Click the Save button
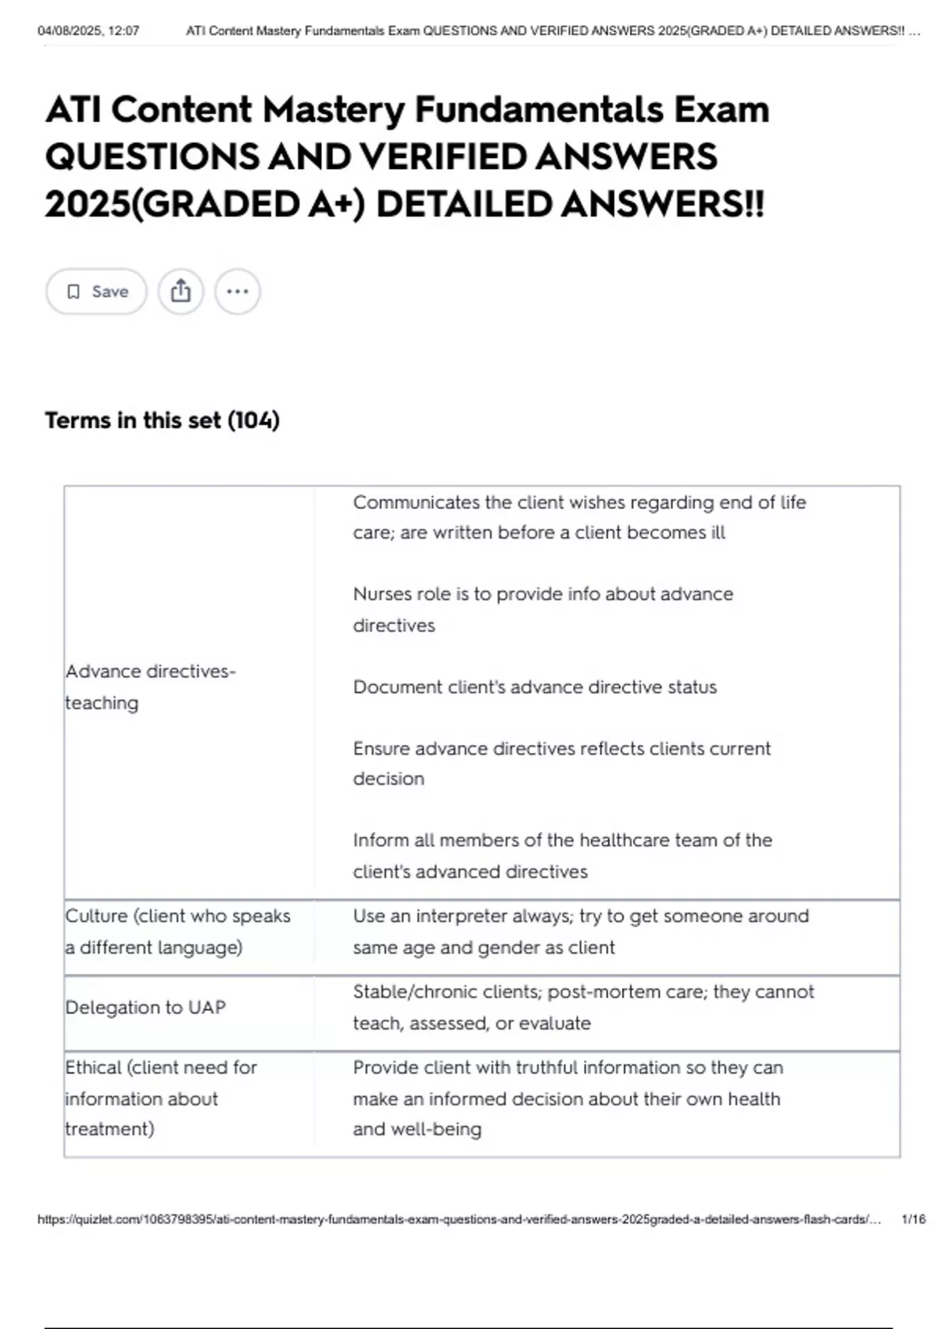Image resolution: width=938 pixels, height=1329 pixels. coord(96,292)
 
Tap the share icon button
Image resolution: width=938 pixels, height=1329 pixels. coord(181,292)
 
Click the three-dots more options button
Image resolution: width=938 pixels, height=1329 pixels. coord(237,292)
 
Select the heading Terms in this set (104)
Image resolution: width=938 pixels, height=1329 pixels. coord(162,421)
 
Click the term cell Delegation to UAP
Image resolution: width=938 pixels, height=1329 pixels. coord(145,1008)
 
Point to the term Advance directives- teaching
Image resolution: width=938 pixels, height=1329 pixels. coord(150,687)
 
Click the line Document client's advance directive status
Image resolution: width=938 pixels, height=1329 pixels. coord(535,687)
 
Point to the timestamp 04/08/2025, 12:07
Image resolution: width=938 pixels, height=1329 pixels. coord(88,31)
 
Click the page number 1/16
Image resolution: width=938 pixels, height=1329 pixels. coord(912,1220)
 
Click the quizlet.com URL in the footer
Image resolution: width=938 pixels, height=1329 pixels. coord(458,1220)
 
